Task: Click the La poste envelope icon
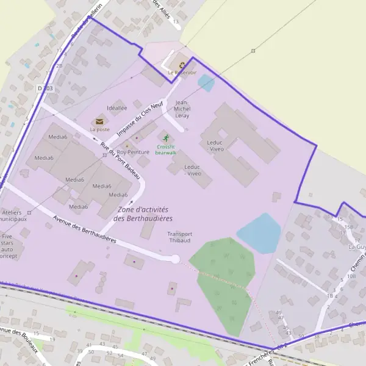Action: [x=99, y=121]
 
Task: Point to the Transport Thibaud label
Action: [x=180, y=237]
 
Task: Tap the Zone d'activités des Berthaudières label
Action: [x=143, y=213]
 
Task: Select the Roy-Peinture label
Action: [x=133, y=151]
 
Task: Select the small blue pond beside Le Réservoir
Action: [x=206, y=83]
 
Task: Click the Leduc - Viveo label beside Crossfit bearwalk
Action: [x=193, y=170]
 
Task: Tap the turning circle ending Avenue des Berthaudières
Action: [x=175, y=259]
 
